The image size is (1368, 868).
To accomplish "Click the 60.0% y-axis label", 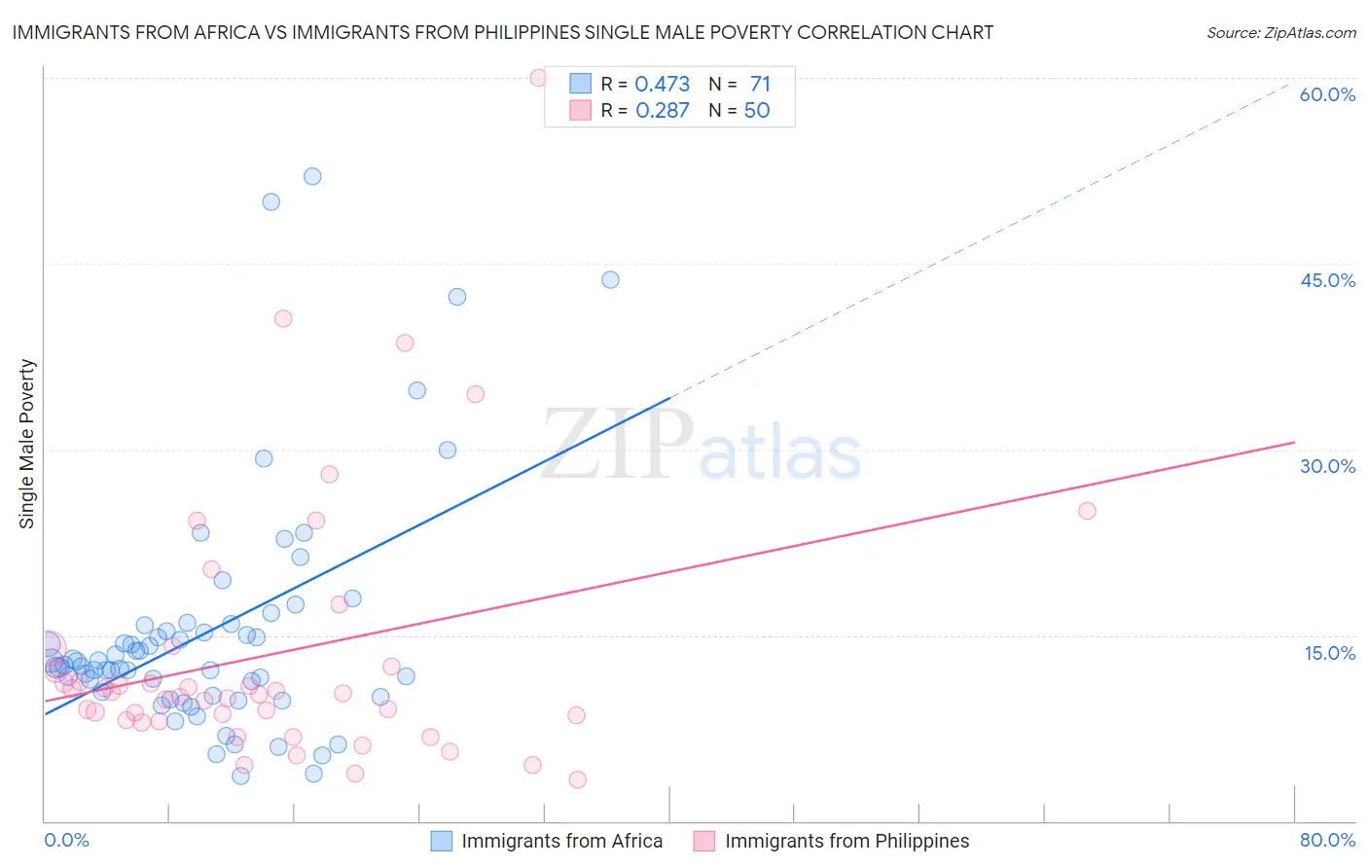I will pos(1327,94).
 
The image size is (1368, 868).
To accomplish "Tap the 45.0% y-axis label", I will pos(1327,280).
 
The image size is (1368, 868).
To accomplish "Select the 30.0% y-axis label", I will pos(1327,466).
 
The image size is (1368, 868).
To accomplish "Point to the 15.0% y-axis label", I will pos(1329,653).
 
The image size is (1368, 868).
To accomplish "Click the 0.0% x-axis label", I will pos(66,841).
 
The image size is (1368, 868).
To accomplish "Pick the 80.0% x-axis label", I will pos(1327,841).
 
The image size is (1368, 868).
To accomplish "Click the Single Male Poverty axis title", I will pos(27,444).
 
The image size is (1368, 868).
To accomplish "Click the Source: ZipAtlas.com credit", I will pos(1280,32).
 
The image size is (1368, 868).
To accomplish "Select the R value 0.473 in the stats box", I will pos(662,84).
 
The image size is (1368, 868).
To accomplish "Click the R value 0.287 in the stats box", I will pos(662,110).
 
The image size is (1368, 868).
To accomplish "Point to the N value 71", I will pos(760,84).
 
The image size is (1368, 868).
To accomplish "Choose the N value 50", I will pos(757,110).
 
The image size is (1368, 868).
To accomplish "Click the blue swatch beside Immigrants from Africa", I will pos(442,841).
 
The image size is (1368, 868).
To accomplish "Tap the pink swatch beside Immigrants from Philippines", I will pos(703,841).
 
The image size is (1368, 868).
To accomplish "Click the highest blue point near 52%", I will pos(312,176).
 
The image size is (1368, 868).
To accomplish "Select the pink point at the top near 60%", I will pos(538,78).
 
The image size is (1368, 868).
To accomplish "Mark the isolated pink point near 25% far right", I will pos(1087,511).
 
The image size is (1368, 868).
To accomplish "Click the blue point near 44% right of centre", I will pos(610,279).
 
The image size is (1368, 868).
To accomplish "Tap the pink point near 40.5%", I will pos(283,318).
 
